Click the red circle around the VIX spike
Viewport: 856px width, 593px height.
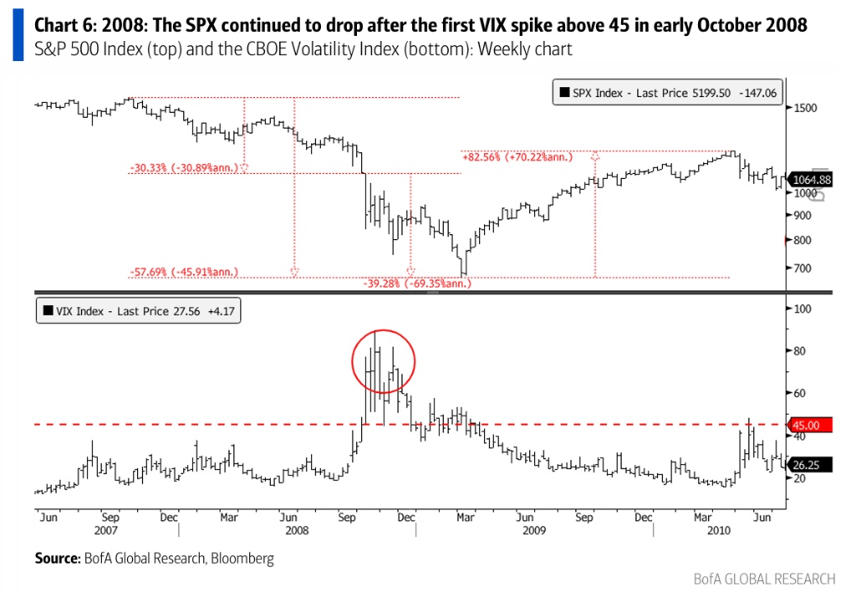(x=383, y=361)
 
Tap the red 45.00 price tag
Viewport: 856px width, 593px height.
(x=812, y=425)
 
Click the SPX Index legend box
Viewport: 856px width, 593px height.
(x=666, y=93)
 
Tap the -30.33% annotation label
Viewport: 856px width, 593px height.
(x=185, y=167)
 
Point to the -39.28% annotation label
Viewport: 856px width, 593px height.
(x=417, y=283)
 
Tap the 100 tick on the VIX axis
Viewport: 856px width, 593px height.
(x=804, y=309)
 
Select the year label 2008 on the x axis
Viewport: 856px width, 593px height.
(x=297, y=530)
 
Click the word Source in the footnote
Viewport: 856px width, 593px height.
(x=56, y=557)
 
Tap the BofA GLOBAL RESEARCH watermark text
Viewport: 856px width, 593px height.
(x=764, y=579)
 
